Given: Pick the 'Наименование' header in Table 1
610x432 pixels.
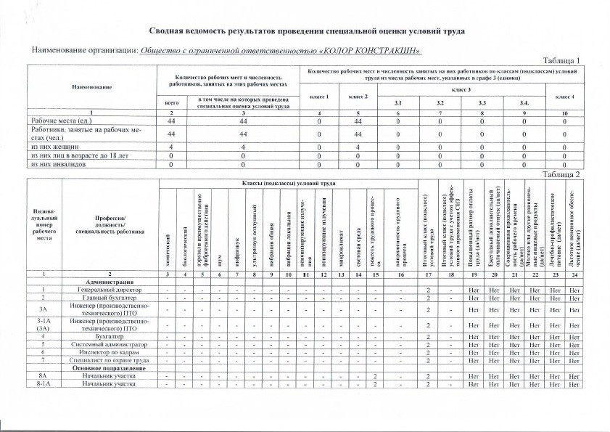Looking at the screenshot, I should pyautogui.click(x=91, y=87).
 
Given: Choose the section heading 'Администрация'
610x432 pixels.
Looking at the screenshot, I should pyautogui.click(x=109, y=280).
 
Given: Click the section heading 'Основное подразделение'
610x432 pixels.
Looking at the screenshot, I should pyautogui.click(x=109, y=368).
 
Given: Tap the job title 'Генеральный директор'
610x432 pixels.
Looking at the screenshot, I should pyautogui.click(x=109, y=289).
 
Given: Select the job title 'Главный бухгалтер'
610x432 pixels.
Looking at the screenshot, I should pyautogui.click(x=109, y=298).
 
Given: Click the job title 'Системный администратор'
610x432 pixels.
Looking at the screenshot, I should pyautogui.click(x=109, y=342).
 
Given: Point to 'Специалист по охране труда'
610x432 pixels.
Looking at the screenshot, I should pyautogui.click(x=109, y=359).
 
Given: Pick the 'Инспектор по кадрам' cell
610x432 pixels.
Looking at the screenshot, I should pyautogui.click(x=109, y=351).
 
